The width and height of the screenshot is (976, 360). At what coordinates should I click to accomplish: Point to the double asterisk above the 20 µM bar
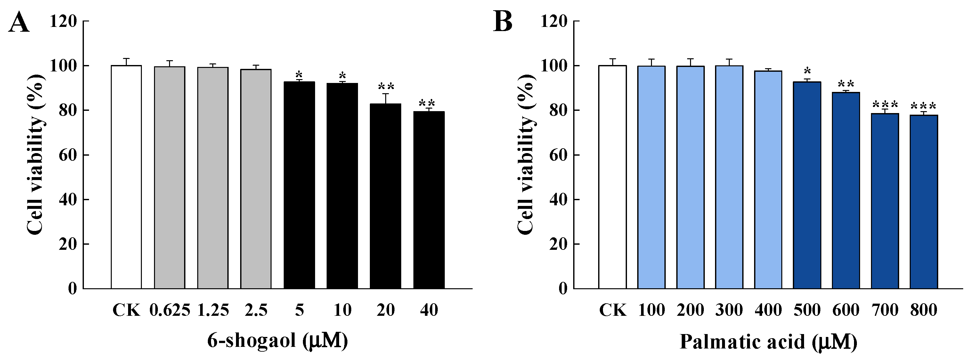(386, 86)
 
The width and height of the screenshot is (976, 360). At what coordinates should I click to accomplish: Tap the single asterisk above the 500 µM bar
(807, 71)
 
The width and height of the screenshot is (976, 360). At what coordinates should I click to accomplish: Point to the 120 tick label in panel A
(64, 21)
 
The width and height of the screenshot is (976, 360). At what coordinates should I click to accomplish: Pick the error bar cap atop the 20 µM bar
(386, 94)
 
